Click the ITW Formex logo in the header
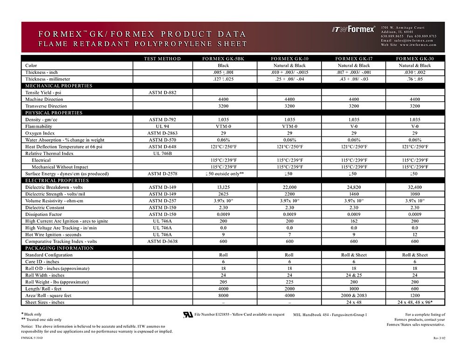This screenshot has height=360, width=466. tap(353, 29)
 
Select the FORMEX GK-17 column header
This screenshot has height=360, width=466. tap(354, 59)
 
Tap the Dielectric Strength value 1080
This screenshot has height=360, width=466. tap(415, 194)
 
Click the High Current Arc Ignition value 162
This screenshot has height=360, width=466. tap(354, 221)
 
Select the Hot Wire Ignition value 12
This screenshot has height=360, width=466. tap(415, 235)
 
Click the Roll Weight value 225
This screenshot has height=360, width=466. tap(289, 282)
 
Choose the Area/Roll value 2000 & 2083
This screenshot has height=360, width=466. tap(354, 296)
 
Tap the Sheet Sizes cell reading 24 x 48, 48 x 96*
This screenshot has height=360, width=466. tap(415, 303)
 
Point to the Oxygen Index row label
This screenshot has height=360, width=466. tap(40, 133)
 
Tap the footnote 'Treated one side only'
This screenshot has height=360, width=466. tap(43, 319)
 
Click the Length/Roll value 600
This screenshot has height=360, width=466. tap(415, 289)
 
